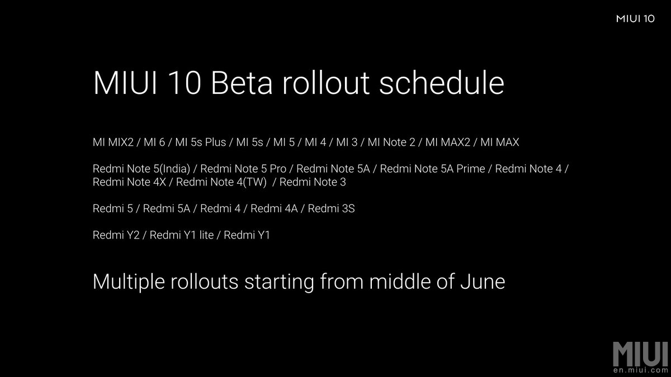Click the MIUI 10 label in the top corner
coord(635,19)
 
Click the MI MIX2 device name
coord(113,142)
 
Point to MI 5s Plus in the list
coord(200,142)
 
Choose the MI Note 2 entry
coord(391,142)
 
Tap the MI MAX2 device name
coord(448,142)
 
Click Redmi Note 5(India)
coord(141,169)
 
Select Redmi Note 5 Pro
coord(243,169)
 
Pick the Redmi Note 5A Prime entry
coord(432,169)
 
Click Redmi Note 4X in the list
coord(129,182)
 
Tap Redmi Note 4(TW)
coord(221,182)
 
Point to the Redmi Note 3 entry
coord(313,182)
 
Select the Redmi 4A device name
coord(274,208)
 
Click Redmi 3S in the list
coord(331,208)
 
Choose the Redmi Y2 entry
coord(116,235)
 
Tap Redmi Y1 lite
coord(182,235)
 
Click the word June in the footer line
coord(483,281)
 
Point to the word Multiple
coord(129,282)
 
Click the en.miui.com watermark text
coord(641,370)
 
